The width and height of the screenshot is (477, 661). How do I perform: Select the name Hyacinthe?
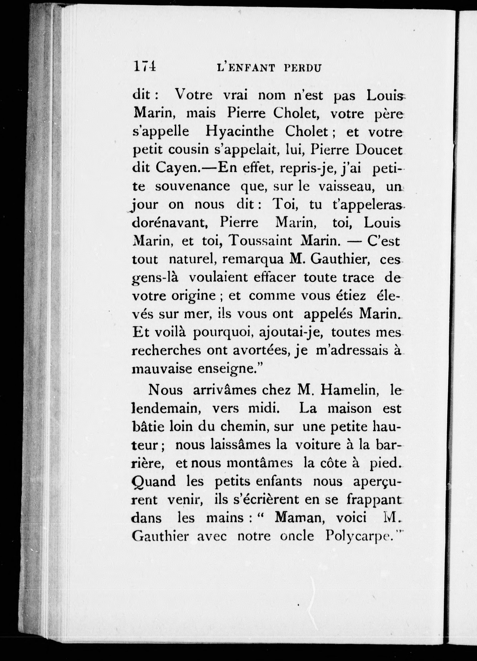(x=239, y=132)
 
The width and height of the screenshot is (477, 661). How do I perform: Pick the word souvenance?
(x=192, y=186)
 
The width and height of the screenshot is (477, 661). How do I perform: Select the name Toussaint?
(x=261, y=241)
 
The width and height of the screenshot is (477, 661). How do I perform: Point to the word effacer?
(x=274, y=277)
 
